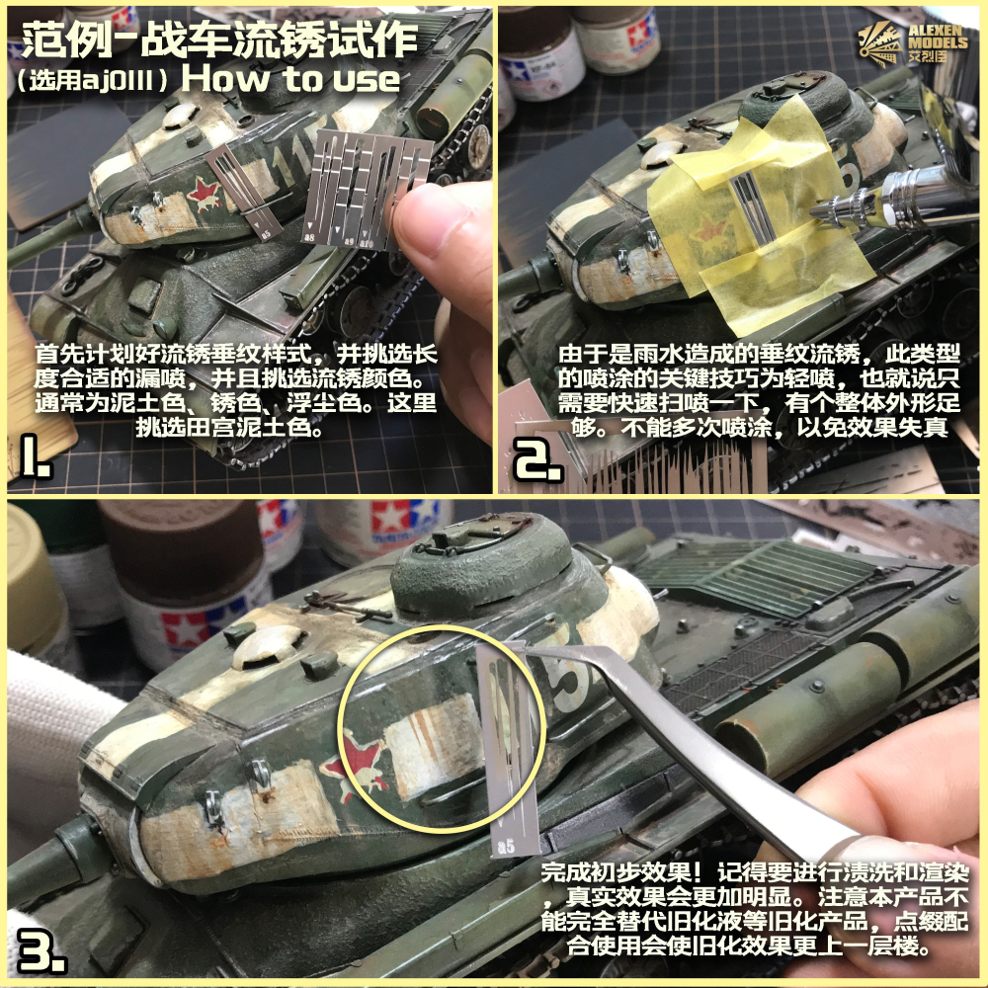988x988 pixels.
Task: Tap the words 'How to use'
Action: (290, 79)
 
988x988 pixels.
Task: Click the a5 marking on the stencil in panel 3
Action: (506, 844)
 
